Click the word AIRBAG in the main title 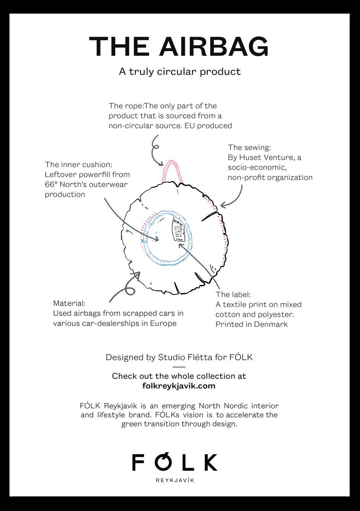click(214, 47)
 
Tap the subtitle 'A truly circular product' click(180, 71)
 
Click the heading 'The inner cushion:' click(78, 164)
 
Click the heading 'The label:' click(233, 295)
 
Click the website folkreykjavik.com click(179, 386)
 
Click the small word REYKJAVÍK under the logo click(175, 481)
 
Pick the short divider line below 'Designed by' click(179, 367)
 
